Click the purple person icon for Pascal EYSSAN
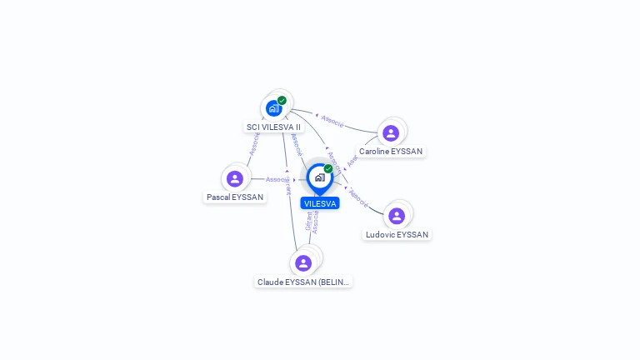pos(235,178)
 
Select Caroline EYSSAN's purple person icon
pos(391,132)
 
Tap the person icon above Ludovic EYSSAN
pos(397,216)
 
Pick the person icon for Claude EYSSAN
pos(303,262)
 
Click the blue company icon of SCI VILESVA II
pos(273,108)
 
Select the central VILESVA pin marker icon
pos(319,177)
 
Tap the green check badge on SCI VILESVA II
pos(282,101)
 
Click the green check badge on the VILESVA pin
pos(328,169)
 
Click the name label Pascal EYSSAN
pos(235,197)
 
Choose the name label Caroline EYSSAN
pos(391,152)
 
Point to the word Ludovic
pos(380,235)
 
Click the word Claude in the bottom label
pos(270,282)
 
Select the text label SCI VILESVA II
pos(273,127)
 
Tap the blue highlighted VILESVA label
pos(320,203)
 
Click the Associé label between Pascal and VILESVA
pos(277,179)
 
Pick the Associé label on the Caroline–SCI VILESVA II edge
pos(332,122)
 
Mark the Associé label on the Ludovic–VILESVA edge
pos(358,197)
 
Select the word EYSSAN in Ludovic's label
pos(412,235)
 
